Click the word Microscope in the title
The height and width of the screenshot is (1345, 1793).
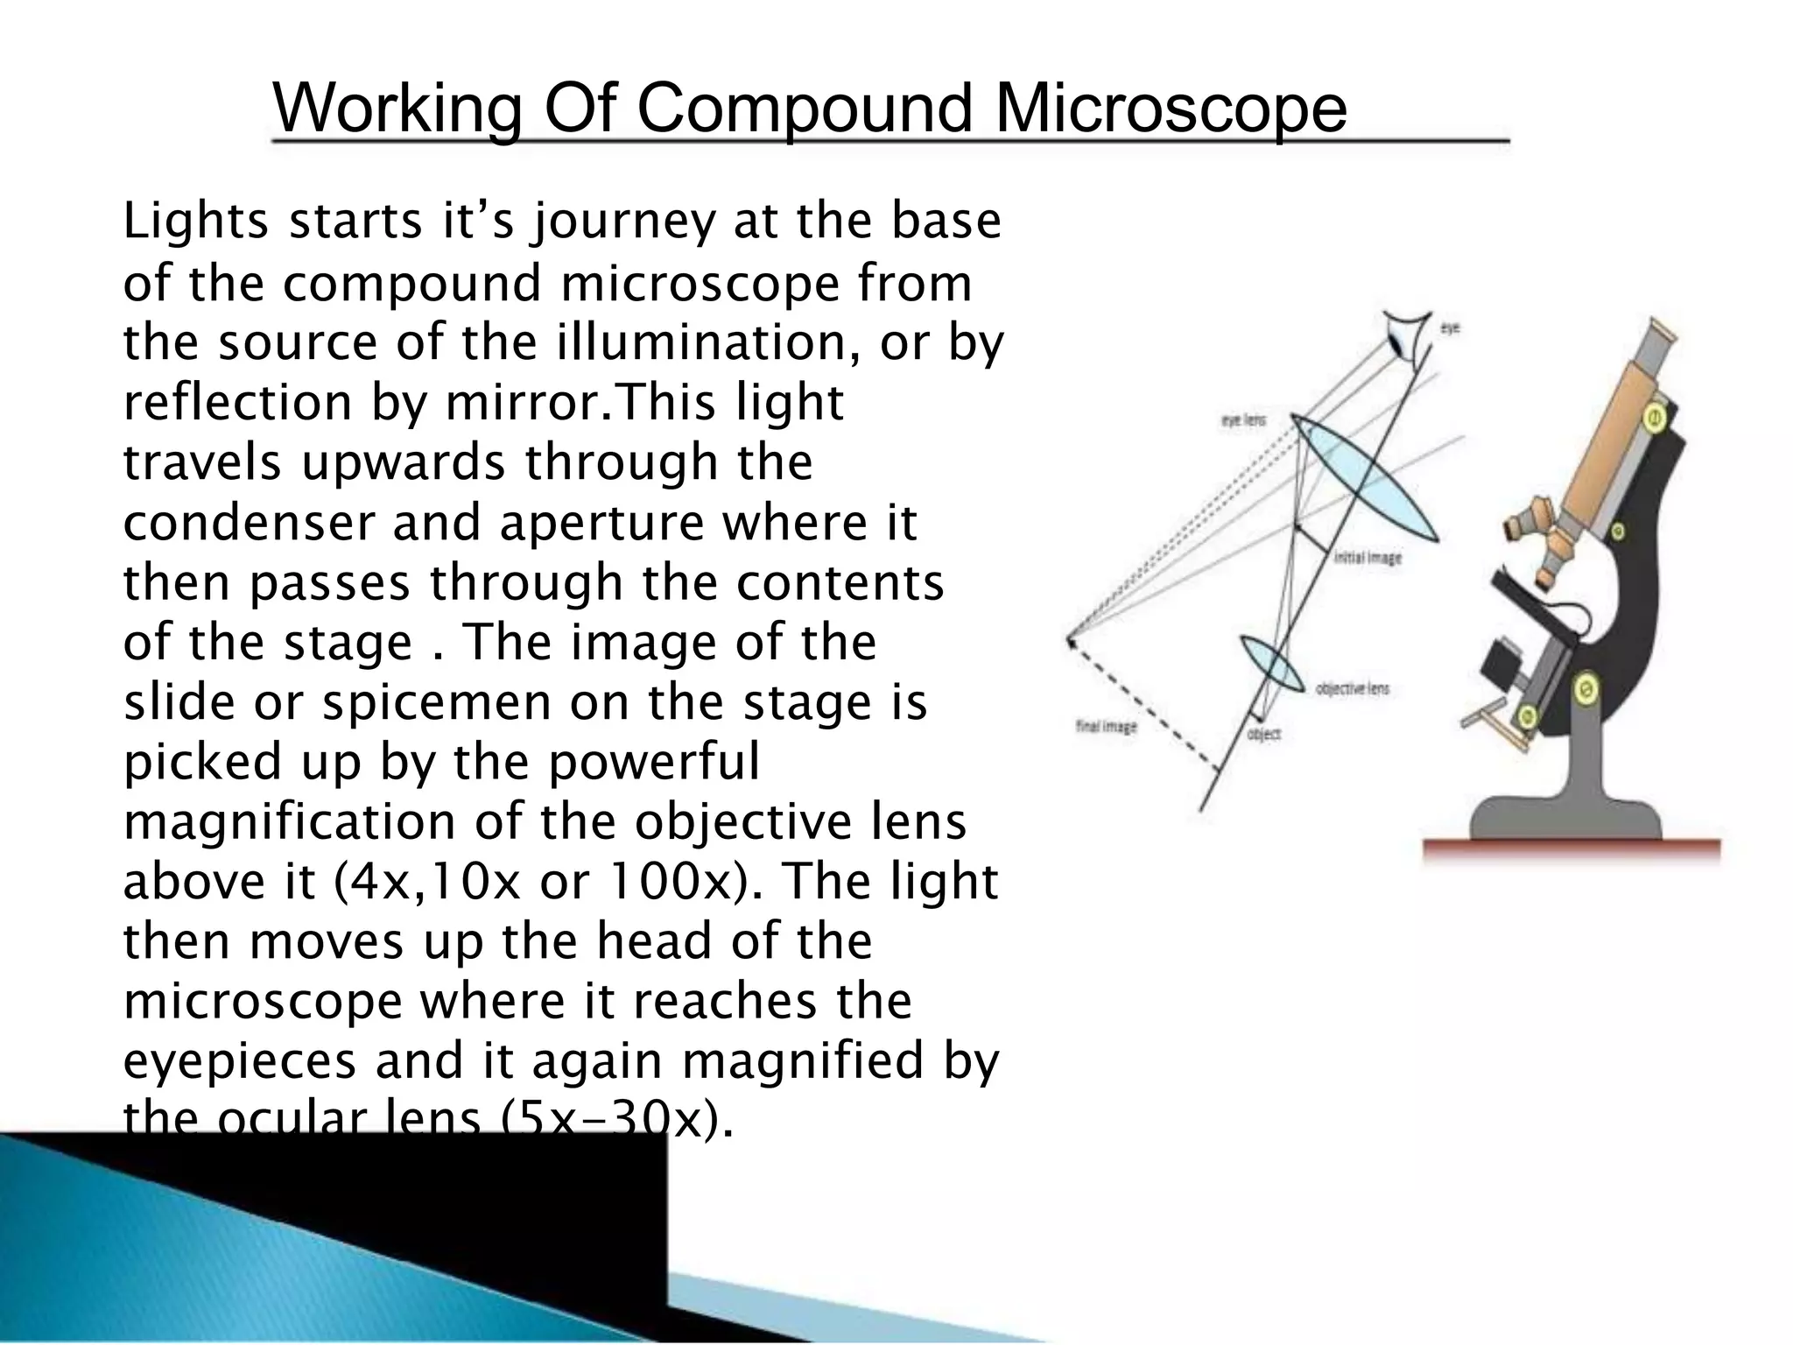tap(1170, 109)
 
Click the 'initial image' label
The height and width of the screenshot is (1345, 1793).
tap(1367, 558)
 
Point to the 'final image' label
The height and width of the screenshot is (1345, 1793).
tap(1106, 727)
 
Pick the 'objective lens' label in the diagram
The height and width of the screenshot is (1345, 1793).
tap(1352, 689)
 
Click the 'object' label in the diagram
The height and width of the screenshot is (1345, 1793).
tap(1264, 735)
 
